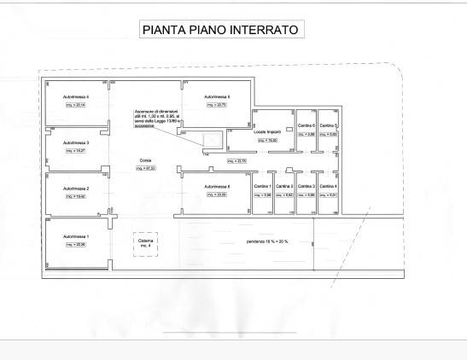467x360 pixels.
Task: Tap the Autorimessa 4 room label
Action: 76,97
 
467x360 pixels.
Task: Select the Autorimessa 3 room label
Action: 76,142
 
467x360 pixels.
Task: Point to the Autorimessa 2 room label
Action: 76,189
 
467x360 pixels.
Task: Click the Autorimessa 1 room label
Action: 76,235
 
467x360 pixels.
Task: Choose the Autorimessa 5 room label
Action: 217,97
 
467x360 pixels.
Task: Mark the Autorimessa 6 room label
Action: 217,186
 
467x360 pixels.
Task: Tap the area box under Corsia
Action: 146,168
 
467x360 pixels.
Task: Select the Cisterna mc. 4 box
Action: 146,244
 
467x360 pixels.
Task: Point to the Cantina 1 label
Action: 264,187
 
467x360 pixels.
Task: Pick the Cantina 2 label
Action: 285,187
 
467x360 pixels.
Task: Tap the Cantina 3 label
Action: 306,187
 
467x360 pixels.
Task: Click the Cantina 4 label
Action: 329,187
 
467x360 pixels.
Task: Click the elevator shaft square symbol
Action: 212,140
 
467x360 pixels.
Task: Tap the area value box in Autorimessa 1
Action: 76,244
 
